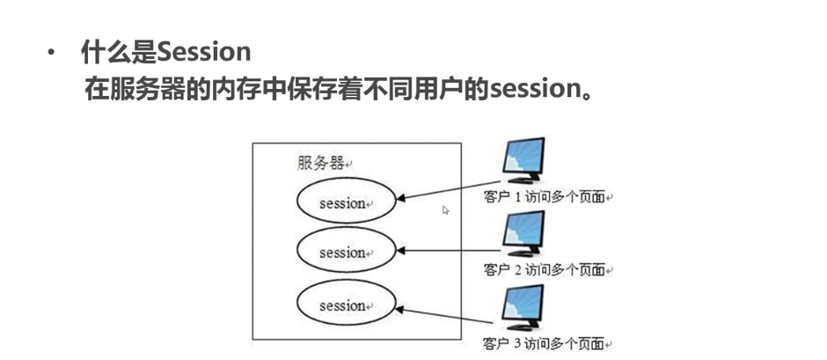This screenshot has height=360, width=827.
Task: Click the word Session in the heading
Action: (204, 52)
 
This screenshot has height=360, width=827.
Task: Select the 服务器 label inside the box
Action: (320, 163)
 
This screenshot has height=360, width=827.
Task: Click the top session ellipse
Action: (345, 203)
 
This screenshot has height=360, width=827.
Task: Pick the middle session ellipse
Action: (345, 253)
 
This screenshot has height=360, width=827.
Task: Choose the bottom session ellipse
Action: (345, 305)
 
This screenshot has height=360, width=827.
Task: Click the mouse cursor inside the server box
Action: (445, 209)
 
